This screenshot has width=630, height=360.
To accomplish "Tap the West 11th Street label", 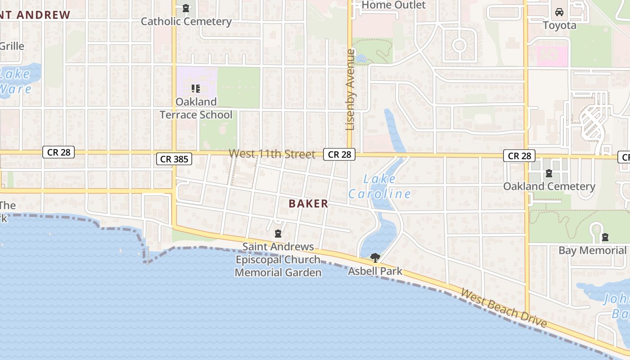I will click(272, 154).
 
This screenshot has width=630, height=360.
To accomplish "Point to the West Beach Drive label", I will click(504, 308).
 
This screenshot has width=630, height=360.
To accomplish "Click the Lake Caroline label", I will click(379, 187).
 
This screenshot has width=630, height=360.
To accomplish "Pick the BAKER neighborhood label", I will click(309, 203).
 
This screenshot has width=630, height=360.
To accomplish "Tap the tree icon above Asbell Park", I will click(375, 257).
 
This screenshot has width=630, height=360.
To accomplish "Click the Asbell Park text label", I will click(375, 271).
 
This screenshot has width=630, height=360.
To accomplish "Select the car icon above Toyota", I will click(559, 12).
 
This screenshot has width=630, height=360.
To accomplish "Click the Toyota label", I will click(559, 25).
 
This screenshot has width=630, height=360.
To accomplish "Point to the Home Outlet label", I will click(393, 5).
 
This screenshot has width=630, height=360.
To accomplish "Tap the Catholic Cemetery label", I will click(186, 21).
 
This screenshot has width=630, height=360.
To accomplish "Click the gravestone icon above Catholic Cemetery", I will click(186, 8).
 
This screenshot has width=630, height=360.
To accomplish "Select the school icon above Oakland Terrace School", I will click(195, 88).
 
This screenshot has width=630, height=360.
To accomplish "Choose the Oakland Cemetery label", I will click(549, 186).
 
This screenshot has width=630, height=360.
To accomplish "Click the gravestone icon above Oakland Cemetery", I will click(549, 173).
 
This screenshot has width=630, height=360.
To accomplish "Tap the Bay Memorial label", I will click(592, 250).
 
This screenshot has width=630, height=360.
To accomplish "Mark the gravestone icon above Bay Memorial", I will click(605, 237).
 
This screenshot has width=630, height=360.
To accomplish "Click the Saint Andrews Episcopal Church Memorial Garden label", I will click(278, 260).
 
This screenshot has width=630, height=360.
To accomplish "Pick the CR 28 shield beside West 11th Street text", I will click(339, 154).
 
